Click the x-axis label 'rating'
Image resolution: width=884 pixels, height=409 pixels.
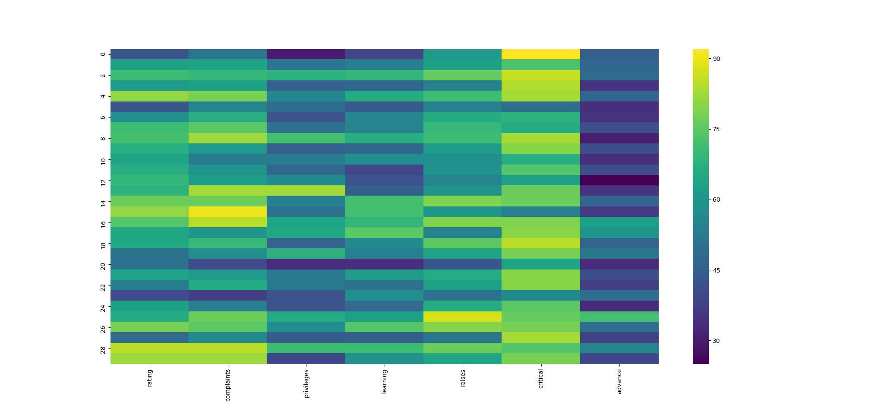click(149, 377)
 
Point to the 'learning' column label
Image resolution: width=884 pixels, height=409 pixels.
click(384, 380)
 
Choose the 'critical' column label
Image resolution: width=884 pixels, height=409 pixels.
click(541, 378)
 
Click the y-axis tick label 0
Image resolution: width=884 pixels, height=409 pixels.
click(102, 54)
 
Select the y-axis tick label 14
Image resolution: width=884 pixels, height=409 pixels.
click(102, 201)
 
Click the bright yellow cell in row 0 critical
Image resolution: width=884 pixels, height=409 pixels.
click(541, 54)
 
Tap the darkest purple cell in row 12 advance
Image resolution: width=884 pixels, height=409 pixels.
click(619, 180)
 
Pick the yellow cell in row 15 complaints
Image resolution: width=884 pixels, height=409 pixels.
click(227, 212)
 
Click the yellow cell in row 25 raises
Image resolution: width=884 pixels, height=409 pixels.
click(463, 317)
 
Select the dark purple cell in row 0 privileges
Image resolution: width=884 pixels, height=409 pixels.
click(306, 54)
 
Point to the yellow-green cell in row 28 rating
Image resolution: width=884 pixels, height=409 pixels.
click(149, 348)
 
